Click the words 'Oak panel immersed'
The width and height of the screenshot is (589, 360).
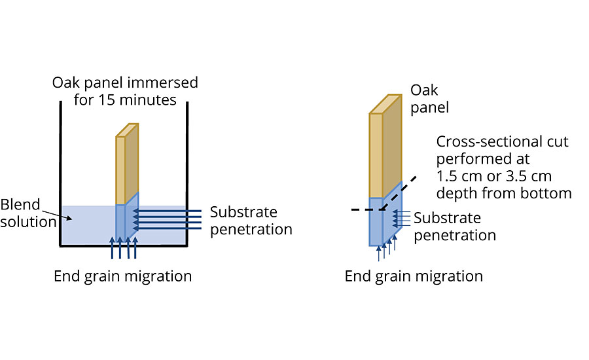click(125, 83)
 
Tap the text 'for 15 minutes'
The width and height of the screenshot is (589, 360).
click(125, 100)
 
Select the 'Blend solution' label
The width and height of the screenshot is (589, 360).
click(28, 213)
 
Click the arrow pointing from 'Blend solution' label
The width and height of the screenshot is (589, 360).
click(56, 216)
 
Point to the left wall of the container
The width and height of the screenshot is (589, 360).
click(60, 173)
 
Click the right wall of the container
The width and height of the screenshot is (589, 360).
click(187, 173)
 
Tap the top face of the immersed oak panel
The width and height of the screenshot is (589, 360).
click(127, 130)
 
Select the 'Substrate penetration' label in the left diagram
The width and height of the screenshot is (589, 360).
click(251, 221)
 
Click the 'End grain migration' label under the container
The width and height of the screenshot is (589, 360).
click(122, 277)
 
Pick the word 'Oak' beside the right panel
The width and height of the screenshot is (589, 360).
click(424, 90)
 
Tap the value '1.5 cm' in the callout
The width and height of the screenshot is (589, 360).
click(459, 176)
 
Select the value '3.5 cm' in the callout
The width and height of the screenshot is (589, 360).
click(529, 176)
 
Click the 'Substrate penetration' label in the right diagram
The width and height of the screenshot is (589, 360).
click(455, 226)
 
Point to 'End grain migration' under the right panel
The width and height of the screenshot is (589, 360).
click(414, 277)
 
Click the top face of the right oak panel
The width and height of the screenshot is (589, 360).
click(385, 104)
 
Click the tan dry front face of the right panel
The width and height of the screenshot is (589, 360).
click(376, 155)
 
